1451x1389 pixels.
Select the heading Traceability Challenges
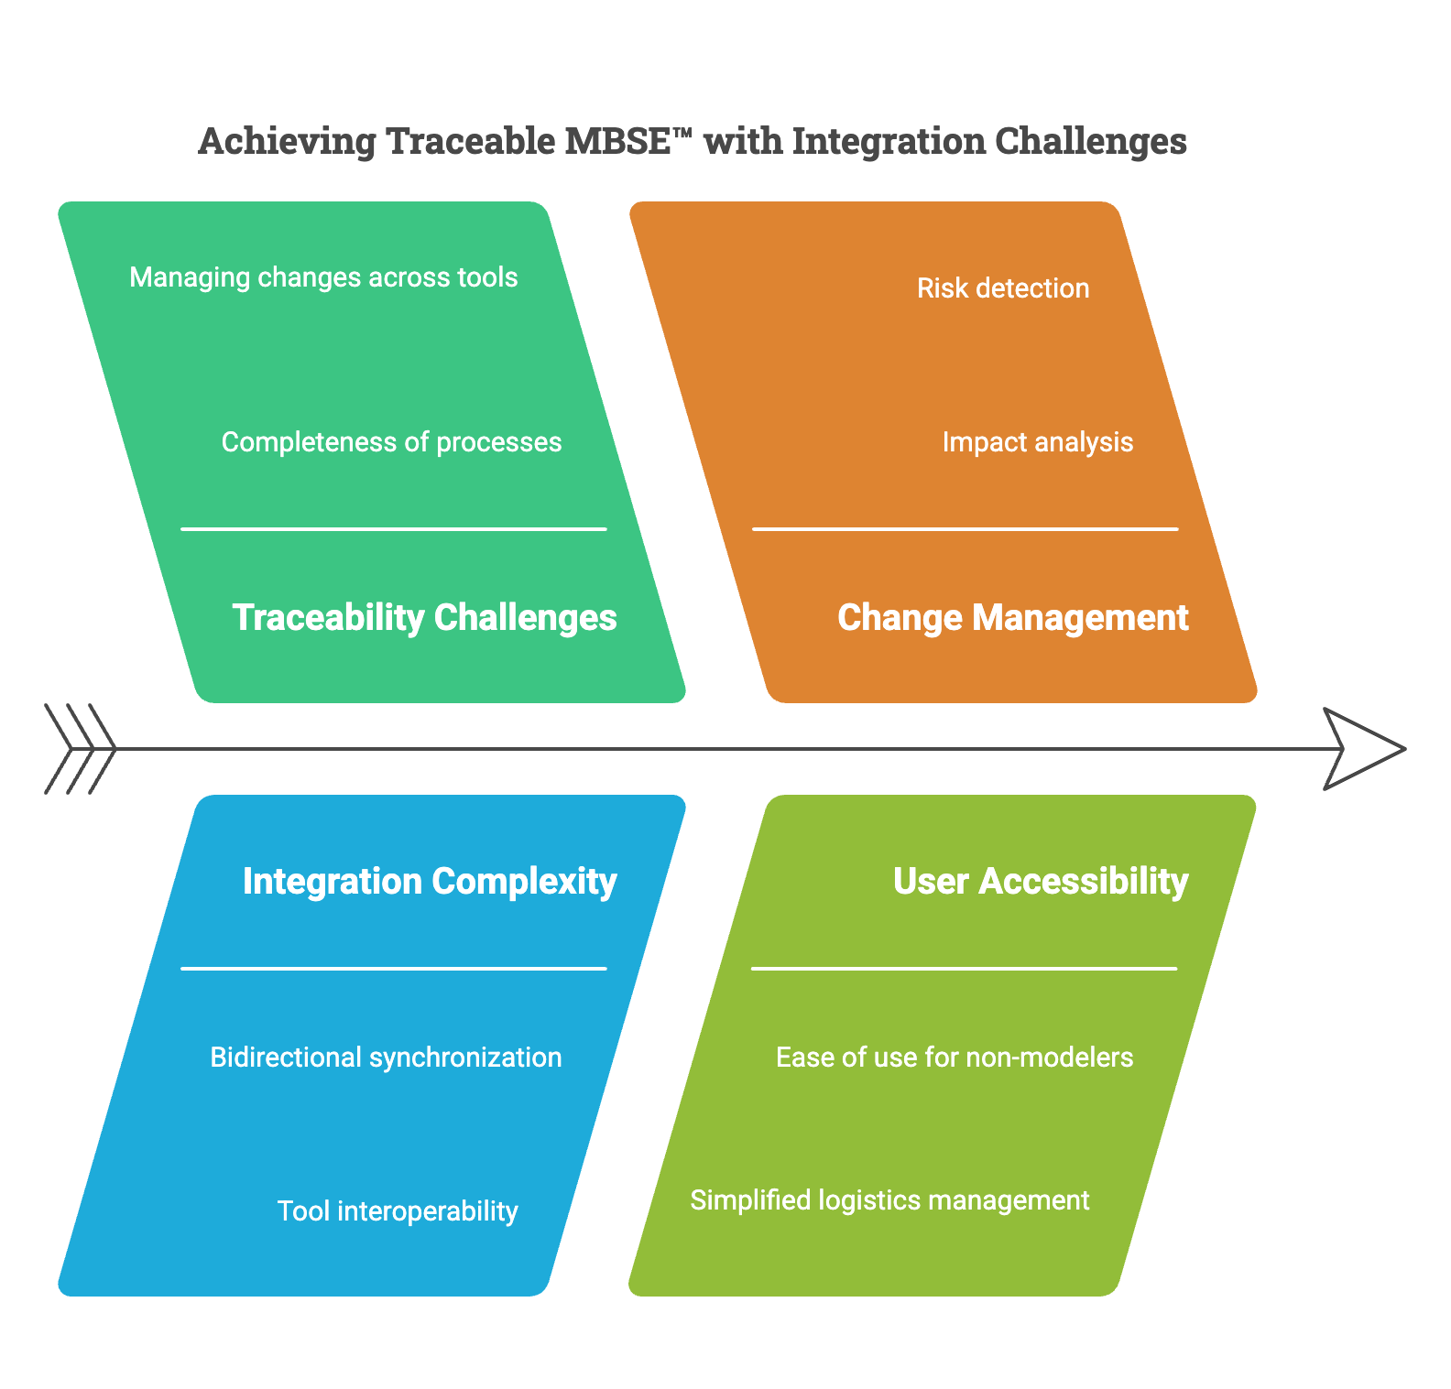pos(424,618)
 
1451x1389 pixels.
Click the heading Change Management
pos(1012,618)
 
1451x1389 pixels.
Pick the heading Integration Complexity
pos(430,882)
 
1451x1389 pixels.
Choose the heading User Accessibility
pos(1041,882)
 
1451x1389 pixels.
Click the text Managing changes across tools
pos(323,277)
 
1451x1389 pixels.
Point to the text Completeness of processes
pos(391,442)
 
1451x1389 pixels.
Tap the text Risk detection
pos(1003,288)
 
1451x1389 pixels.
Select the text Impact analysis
pos(1037,442)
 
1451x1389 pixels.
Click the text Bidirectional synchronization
pos(386,1058)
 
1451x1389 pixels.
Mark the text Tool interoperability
pos(398,1211)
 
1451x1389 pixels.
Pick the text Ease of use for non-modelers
pos(955,1058)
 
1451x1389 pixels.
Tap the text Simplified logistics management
pos(889,1200)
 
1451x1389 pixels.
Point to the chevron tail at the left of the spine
pos(81,749)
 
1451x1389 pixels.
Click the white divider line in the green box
pos(394,529)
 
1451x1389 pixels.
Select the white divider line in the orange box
pos(965,529)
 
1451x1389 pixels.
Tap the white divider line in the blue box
pos(394,969)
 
